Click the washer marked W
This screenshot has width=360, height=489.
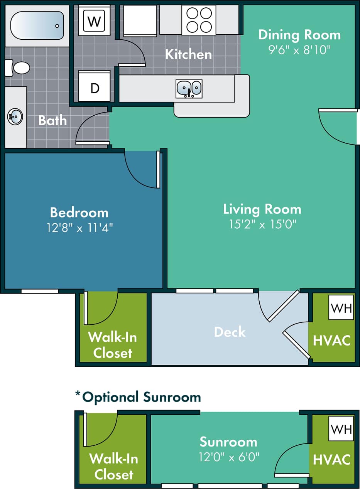click(x=94, y=21)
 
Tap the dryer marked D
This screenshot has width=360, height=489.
click(x=95, y=88)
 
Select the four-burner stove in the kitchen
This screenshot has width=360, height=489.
click(x=199, y=20)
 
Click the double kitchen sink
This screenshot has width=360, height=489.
click(x=189, y=89)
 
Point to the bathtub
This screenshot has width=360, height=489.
click(x=37, y=25)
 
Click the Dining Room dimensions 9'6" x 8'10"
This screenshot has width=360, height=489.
click(x=299, y=50)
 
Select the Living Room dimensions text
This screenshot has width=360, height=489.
click(x=262, y=224)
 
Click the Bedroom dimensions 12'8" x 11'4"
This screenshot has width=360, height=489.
click(x=79, y=228)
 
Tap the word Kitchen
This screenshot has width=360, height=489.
click(x=188, y=54)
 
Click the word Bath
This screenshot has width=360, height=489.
click(x=52, y=120)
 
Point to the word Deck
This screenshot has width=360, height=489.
click(x=230, y=332)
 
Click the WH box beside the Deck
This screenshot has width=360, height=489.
click(x=341, y=308)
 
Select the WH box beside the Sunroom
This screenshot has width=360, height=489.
click(x=341, y=428)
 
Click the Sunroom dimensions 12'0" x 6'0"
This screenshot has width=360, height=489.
click(x=228, y=457)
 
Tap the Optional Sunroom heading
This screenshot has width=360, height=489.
click(x=138, y=397)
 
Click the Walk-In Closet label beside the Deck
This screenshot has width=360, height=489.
click(x=112, y=345)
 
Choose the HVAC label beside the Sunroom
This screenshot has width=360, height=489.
click(x=331, y=459)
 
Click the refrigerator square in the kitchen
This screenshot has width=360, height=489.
click(x=140, y=20)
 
